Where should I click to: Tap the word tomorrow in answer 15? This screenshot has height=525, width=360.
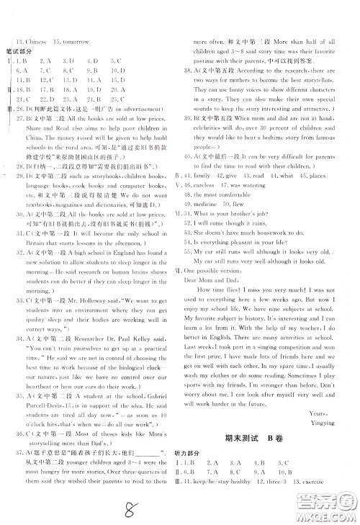pos(74,41)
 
